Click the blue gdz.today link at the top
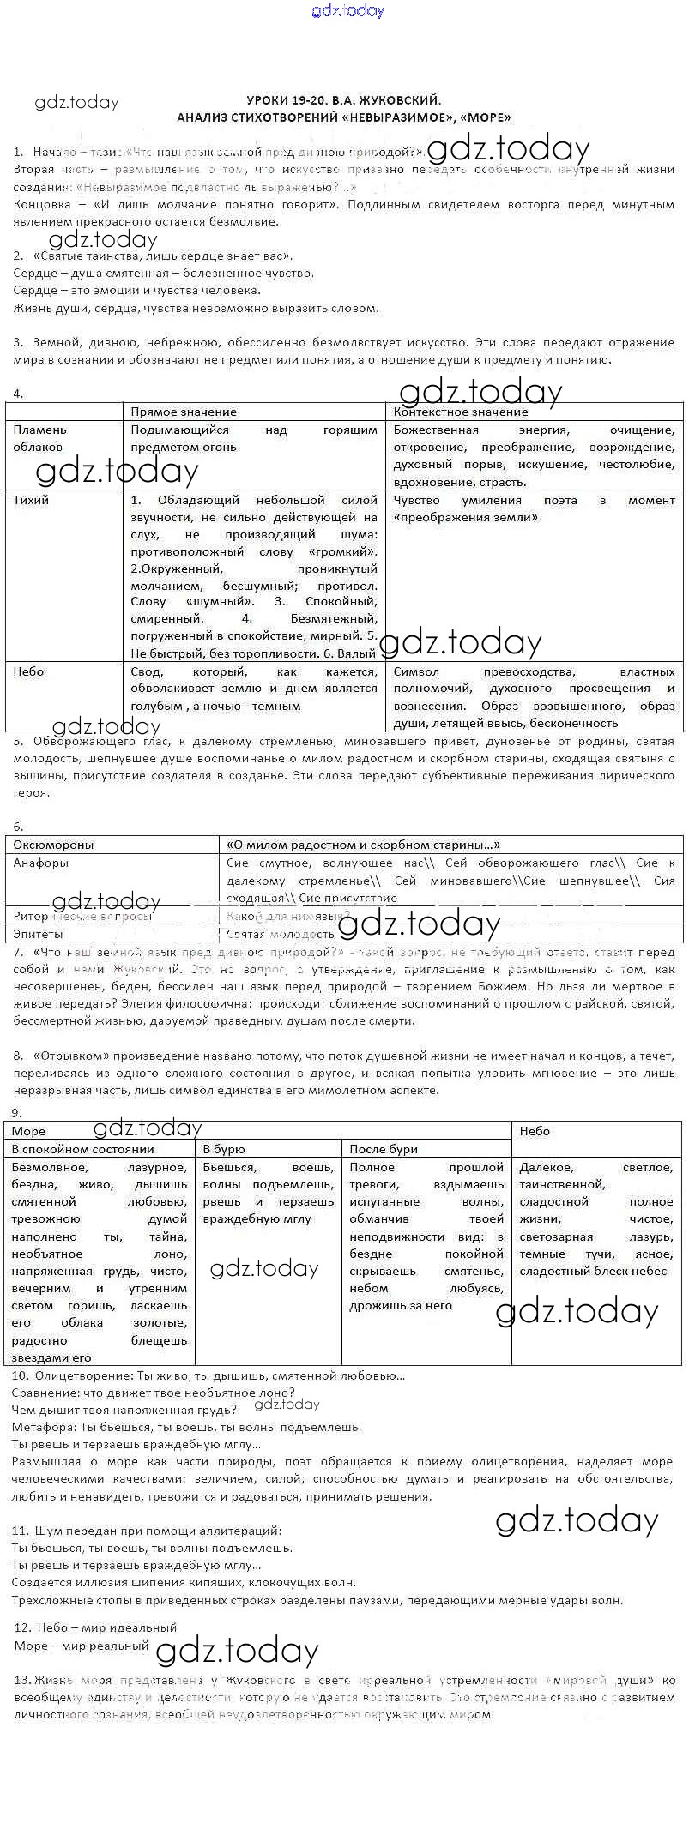click(348, 11)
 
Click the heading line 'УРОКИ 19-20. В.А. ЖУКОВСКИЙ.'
click(344, 99)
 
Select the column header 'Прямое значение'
click(184, 412)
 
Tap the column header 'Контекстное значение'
click(461, 412)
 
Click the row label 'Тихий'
click(31, 500)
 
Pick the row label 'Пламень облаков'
click(39, 438)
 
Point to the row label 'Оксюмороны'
click(53, 845)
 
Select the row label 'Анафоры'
click(40, 863)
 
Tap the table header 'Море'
click(29, 1131)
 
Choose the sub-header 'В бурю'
click(224, 1149)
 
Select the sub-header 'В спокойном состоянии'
click(82, 1149)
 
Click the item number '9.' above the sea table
click(17, 1113)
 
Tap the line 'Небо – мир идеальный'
click(96, 1627)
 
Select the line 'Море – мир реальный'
click(82, 1646)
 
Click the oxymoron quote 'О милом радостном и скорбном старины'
click(362, 845)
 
